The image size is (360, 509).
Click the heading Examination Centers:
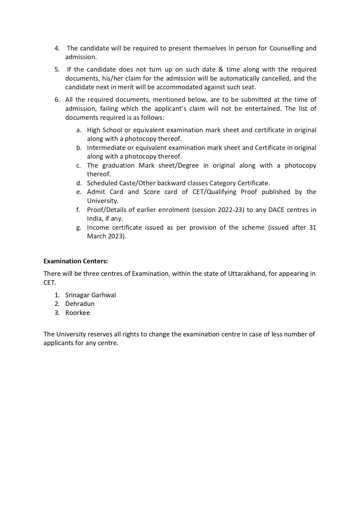point(75,261)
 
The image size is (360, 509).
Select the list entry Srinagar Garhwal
point(90,295)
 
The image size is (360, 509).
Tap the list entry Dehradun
point(80,304)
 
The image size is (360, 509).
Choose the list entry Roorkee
point(77,313)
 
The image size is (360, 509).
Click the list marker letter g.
point(79,228)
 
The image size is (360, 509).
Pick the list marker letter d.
point(79,183)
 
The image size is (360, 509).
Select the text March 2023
point(106,236)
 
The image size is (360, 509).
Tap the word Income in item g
point(98,227)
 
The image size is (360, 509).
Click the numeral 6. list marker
point(57,100)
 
